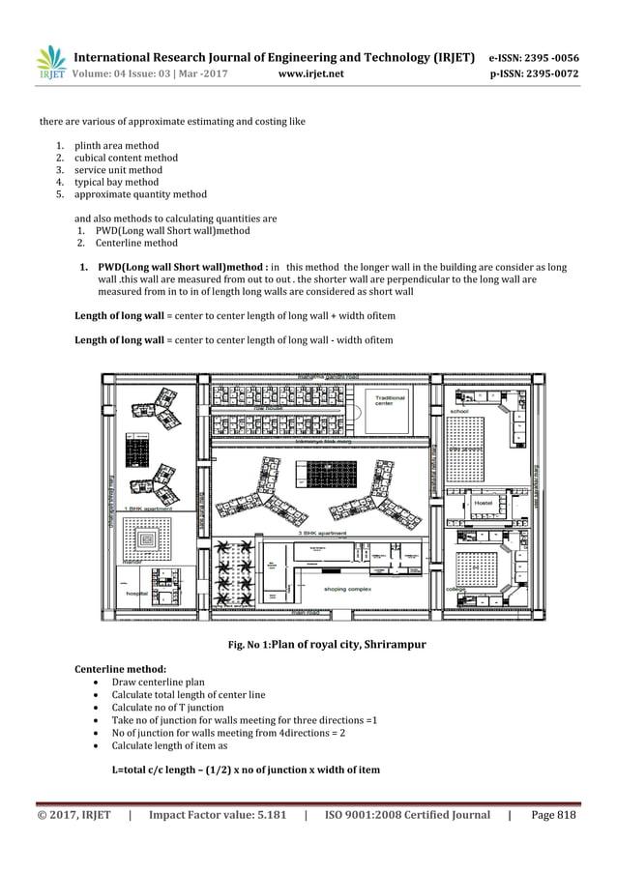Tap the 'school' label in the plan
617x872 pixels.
[x=459, y=412]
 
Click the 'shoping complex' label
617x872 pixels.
[x=348, y=588]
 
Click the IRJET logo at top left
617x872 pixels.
[x=51, y=63]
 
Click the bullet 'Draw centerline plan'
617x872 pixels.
[x=158, y=682]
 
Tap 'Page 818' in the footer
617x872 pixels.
[x=554, y=815]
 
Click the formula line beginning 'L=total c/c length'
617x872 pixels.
[x=246, y=770]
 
